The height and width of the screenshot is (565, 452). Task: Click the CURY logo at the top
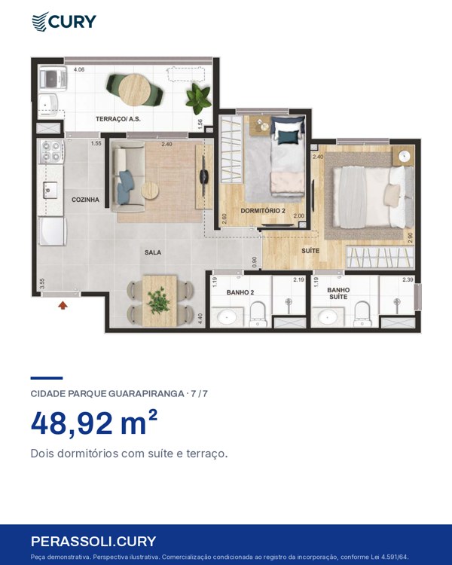pyautogui.click(x=64, y=21)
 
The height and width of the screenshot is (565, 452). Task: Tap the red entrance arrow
pyautogui.click(x=63, y=306)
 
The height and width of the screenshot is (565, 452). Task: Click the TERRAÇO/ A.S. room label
pyautogui.click(x=118, y=119)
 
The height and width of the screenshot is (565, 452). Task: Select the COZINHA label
pyautogui.click(x=85, y=200)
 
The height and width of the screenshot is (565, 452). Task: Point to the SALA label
pyautogui.click(x=153, y=252)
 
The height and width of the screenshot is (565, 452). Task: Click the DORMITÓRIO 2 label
pyautogui.click(x=263, y=210)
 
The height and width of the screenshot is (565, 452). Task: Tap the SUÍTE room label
pyautogui.click(x=310, y=250)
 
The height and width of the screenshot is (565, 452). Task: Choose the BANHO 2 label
pyautogui.click(x=240, y=292)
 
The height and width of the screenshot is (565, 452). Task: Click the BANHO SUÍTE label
pyautogui.click(x=338, y=293)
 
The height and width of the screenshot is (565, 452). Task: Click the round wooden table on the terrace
pyautogui.click(x=134, y=90)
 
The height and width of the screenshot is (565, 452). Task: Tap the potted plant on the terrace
pyautogui.click(x=198, y=98)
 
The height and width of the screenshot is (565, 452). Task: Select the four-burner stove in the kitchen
pyautogui.click(x=50, y=151)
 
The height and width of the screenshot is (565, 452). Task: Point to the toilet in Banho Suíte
pyautogui.click(x=362, y=314)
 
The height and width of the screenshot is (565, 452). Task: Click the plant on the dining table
pyautogui.click(x=158, y=300)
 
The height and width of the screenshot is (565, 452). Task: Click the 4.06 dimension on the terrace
pyautogui.click(x=79, y=69)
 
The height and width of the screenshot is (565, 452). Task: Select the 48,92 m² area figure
pyautogui.click(x=94, y=423)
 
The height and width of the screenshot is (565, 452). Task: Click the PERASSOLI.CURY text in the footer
pyautogui.click(x=93, y=541)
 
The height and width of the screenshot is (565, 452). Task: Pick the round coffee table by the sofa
pyautogui.click(x=150, y=191)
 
